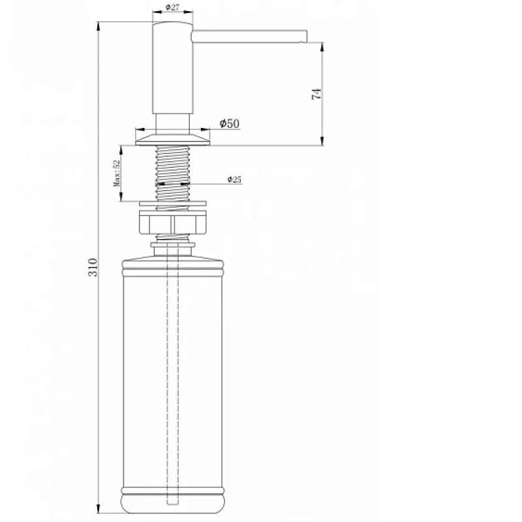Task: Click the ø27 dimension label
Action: pos(172,7)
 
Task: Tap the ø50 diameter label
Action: pos(230,123)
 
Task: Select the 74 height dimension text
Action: pos(316,94)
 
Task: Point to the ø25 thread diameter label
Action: pos(234,179)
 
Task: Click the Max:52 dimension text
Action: pos(117,173)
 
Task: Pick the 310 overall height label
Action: pos(93,267)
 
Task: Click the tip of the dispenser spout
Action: pos(306,37)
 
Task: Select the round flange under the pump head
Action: pos(173,140)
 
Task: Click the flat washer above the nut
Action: pos(173,204)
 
